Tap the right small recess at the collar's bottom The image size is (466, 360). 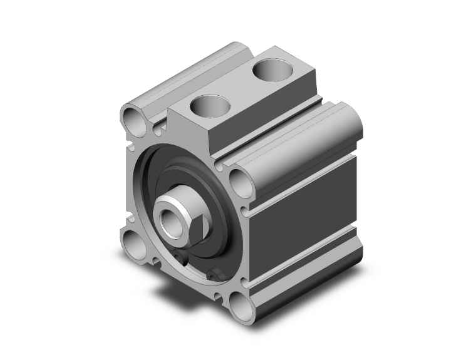point(216,273)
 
